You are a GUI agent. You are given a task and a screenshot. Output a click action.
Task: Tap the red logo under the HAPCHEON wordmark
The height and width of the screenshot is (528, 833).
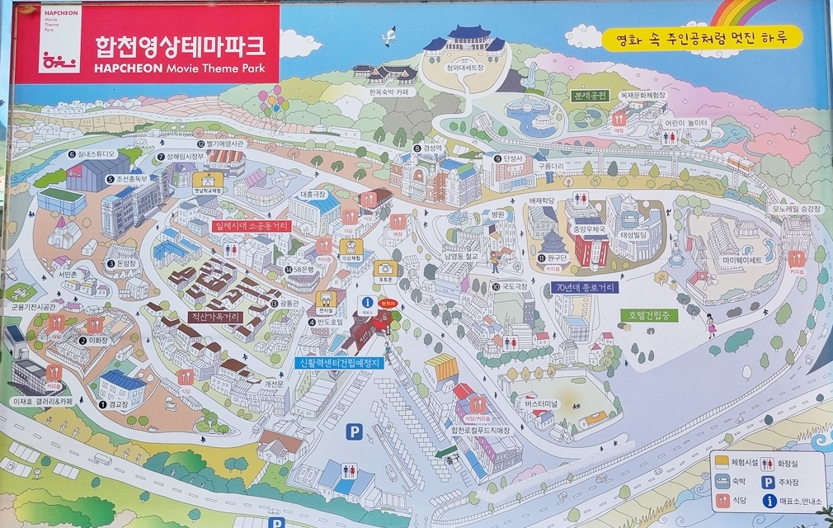[x=59, y=60]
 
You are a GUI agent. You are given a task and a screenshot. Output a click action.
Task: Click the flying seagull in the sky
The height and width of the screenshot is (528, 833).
[x=387, y=35]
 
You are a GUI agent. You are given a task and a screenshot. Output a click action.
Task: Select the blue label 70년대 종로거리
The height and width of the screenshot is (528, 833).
[x=586, y=288]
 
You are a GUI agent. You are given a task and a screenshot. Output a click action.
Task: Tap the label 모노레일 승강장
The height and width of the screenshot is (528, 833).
[x=797, y=210]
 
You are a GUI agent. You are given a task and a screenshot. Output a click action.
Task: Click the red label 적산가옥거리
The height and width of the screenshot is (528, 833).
[x=214, y=316]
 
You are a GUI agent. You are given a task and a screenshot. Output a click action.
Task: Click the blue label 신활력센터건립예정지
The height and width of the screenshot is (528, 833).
[x=339, y=362]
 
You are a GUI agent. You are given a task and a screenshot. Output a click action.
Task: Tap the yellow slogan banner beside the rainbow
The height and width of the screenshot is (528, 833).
[x=701, y=38]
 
